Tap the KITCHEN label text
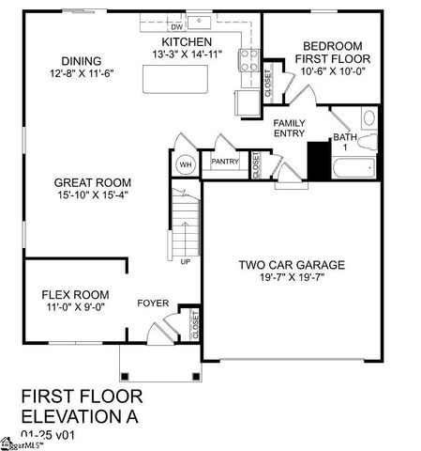tap(186, 43)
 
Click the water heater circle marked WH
tap(185, 164)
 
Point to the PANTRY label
tap(225, 162)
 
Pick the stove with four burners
tap(248, 61)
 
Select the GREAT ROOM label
tap(92, 182)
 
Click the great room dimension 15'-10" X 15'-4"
tap(92, 194)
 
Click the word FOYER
tap(153, 303)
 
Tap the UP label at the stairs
tap(186, 261)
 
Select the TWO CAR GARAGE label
tap(292, 265)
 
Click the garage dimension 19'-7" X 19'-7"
tap(292, 277)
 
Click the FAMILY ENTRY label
tap(289, 129)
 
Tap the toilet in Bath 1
tap(368, 120)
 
